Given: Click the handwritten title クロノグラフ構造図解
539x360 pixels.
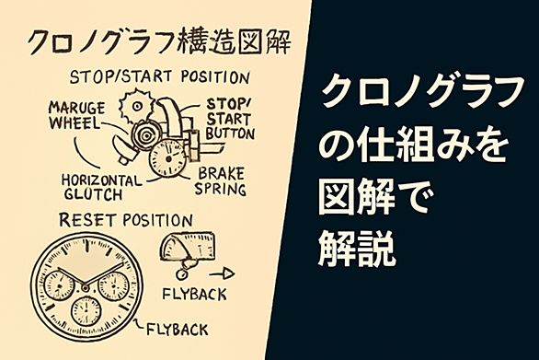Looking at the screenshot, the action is (x=159, y=42).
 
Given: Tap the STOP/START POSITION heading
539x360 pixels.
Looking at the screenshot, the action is (x=159, y=77).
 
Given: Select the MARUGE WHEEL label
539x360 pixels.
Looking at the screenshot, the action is (x=76, y=115).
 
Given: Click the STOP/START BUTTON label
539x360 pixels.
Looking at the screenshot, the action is (x=230, y=119).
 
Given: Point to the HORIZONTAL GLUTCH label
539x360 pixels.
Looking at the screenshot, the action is (x=102, y=187).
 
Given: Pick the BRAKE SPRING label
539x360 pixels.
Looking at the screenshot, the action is (x=221, y=181).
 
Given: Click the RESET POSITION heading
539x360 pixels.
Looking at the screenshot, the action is (x=126, y=220).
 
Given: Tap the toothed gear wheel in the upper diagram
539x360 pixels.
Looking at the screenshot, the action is (x=135, y=106).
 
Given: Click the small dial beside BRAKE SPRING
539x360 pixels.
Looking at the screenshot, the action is (x=167, y=158).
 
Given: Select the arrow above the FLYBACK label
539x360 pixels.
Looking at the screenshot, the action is (x=222, y=274).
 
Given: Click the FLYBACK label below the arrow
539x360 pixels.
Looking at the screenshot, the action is (x=195, y=295).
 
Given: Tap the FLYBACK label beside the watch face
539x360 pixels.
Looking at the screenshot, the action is (x=178, y=330).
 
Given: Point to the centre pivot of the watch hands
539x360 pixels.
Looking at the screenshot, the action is (x=85, y=286).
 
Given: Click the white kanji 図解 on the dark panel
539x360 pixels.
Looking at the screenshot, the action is (x=357, y=197).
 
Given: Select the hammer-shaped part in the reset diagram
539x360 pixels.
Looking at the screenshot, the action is (x=188, y=245).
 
